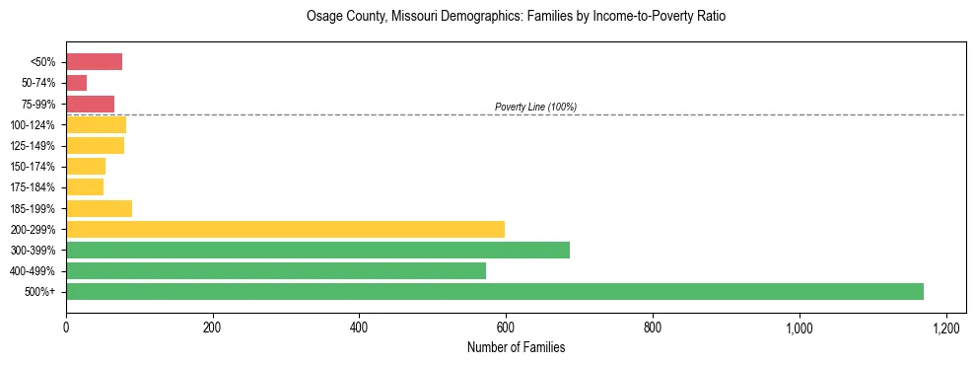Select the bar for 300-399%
[x=317, y=250]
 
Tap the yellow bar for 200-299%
[x=285, y=229]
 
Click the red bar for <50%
[x=94, y=62]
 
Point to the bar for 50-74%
[x=77, y=83]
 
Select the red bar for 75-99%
[x=90, y=104]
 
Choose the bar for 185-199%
[x=99, y=208]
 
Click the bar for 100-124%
[x=96, y=124]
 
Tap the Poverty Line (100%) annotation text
[x=535, y=107]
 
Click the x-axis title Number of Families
[x=516, y=347]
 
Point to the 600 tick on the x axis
[x=506, y=328]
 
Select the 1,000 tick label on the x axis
[x=799, y=328]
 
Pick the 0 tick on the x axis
[x=66, y=328]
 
